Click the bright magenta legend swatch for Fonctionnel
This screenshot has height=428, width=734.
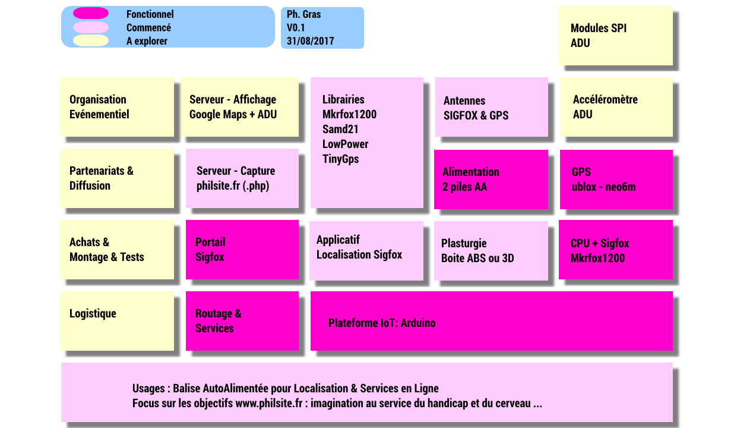click(91, 13)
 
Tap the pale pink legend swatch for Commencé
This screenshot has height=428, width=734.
click(91, 27)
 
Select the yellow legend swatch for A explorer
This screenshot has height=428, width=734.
click(91, 40)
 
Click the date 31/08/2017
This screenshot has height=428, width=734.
click(311, 41)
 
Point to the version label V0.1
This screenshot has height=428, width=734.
click(296, 27)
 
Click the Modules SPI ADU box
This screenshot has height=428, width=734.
click(616, 36)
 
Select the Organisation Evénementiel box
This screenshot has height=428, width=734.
click(117, 107)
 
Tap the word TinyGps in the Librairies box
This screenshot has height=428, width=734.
click(340, 159)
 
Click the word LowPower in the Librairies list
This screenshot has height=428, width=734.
click(346, 144)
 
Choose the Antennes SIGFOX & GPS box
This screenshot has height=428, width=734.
click(492, 107)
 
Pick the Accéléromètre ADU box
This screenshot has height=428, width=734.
click(616, 107)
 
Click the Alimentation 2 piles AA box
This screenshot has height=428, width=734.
click(491, 180)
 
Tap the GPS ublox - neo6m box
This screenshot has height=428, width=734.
click(616, 180)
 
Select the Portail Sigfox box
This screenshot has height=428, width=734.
click(242, 250)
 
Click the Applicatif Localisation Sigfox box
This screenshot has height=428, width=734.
click(366, 251)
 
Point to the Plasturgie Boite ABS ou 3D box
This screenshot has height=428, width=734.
click(491, 251)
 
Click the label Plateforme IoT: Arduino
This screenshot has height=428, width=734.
click(382, 323)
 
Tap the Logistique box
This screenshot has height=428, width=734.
click(117, 321)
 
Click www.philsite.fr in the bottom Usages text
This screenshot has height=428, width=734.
click(268, 403)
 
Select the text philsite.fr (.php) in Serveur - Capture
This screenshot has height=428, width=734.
click(233, 186)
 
